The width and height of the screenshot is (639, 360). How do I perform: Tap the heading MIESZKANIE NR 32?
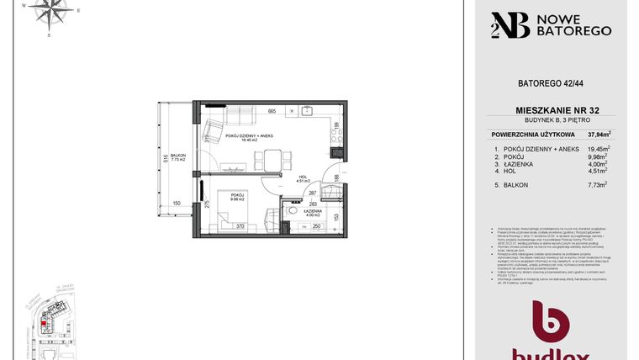(x=552, y=110)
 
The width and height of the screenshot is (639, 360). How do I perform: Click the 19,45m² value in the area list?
(x=599, y=148)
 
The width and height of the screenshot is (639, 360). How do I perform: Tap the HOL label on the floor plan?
(x=304, y=177)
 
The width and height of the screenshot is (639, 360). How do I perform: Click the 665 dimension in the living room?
(x=272, y=111)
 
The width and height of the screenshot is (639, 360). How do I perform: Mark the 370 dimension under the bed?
(x=240, y=225)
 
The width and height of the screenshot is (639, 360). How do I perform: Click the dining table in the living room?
(x=272, y=158)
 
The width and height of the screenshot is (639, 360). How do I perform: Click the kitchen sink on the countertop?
(x=307, y=110)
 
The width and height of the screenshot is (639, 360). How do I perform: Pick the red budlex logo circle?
(x=551, y=324)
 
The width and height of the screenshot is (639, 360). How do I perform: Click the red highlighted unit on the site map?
(x=45, y=318)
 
